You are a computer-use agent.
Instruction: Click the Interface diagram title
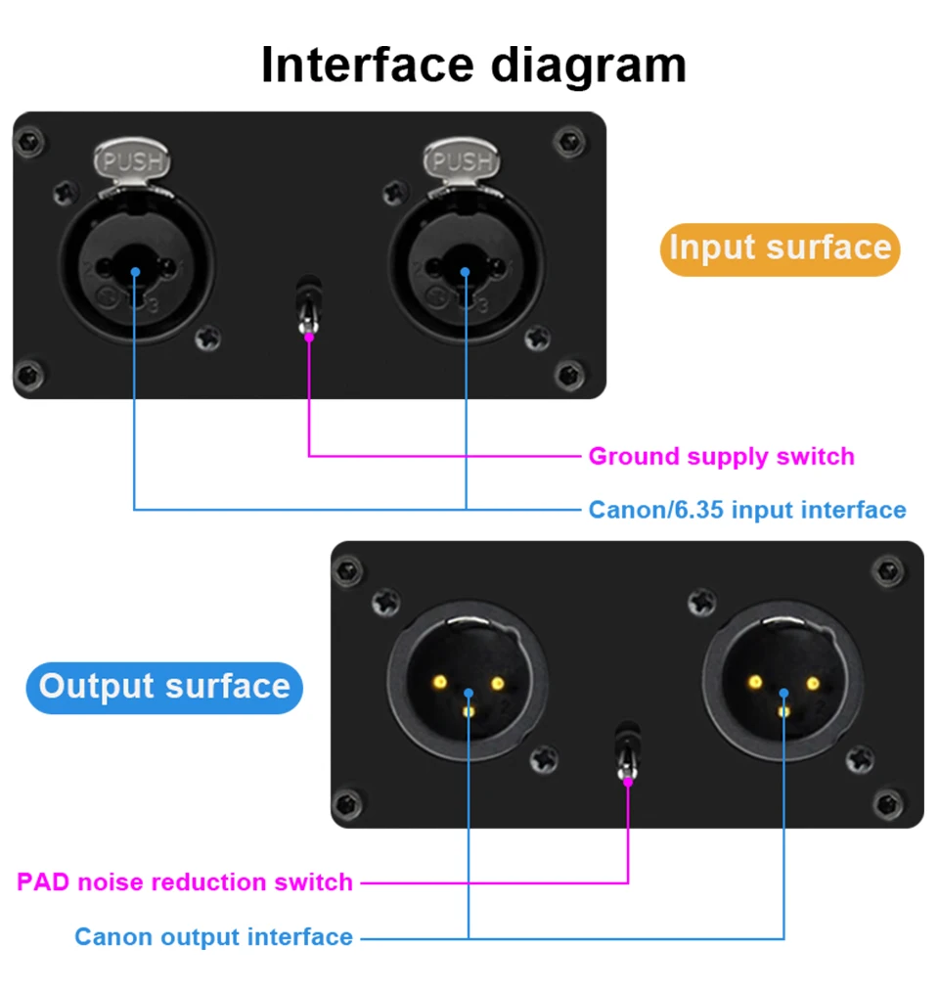coord(473,66)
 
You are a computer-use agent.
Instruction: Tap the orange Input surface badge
coord(781,248)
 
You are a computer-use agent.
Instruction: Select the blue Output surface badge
coord(164,688)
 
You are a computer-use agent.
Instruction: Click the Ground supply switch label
coord(721,456)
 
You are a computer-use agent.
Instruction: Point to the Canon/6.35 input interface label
coord(747,510)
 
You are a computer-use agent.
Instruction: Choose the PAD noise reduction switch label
coord(185,882)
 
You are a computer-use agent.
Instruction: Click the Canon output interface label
coord(213,936)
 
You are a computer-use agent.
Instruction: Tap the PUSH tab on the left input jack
coord(132,160)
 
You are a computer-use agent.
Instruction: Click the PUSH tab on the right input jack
coord(462,160)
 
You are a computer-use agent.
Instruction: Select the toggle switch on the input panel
coord(308,306)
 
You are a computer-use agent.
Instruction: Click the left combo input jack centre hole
coord(135,268)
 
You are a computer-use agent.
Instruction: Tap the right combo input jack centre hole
coord(466,268)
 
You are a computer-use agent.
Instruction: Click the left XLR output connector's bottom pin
coord(469,712)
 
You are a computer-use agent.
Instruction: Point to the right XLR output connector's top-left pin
coord(755,682)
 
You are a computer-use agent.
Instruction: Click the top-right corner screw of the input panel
coord(568,142)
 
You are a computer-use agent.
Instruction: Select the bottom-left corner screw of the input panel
coord(29,375)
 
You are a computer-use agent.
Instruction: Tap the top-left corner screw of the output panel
coord(348,570)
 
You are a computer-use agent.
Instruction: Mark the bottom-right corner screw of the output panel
coord(888,804)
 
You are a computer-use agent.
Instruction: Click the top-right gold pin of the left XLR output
coord(498,683)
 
